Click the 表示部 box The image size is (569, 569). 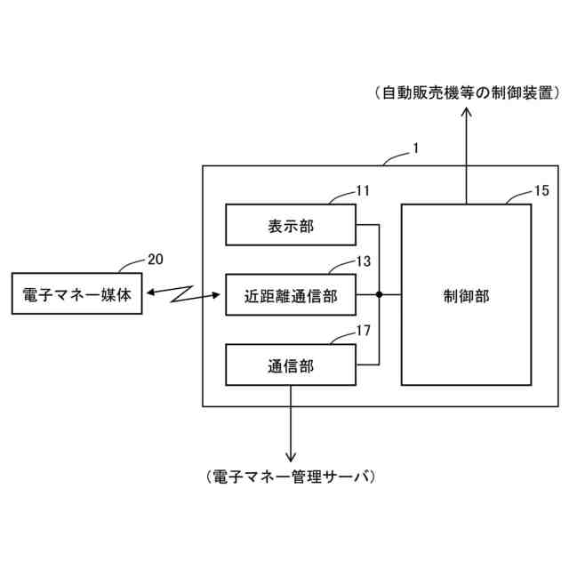290,224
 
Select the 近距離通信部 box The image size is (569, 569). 290,294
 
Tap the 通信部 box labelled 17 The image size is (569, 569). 290,365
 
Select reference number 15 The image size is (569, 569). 541,190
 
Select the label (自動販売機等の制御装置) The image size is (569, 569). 465,92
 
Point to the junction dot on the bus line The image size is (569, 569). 380,294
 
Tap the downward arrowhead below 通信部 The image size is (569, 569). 290,454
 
